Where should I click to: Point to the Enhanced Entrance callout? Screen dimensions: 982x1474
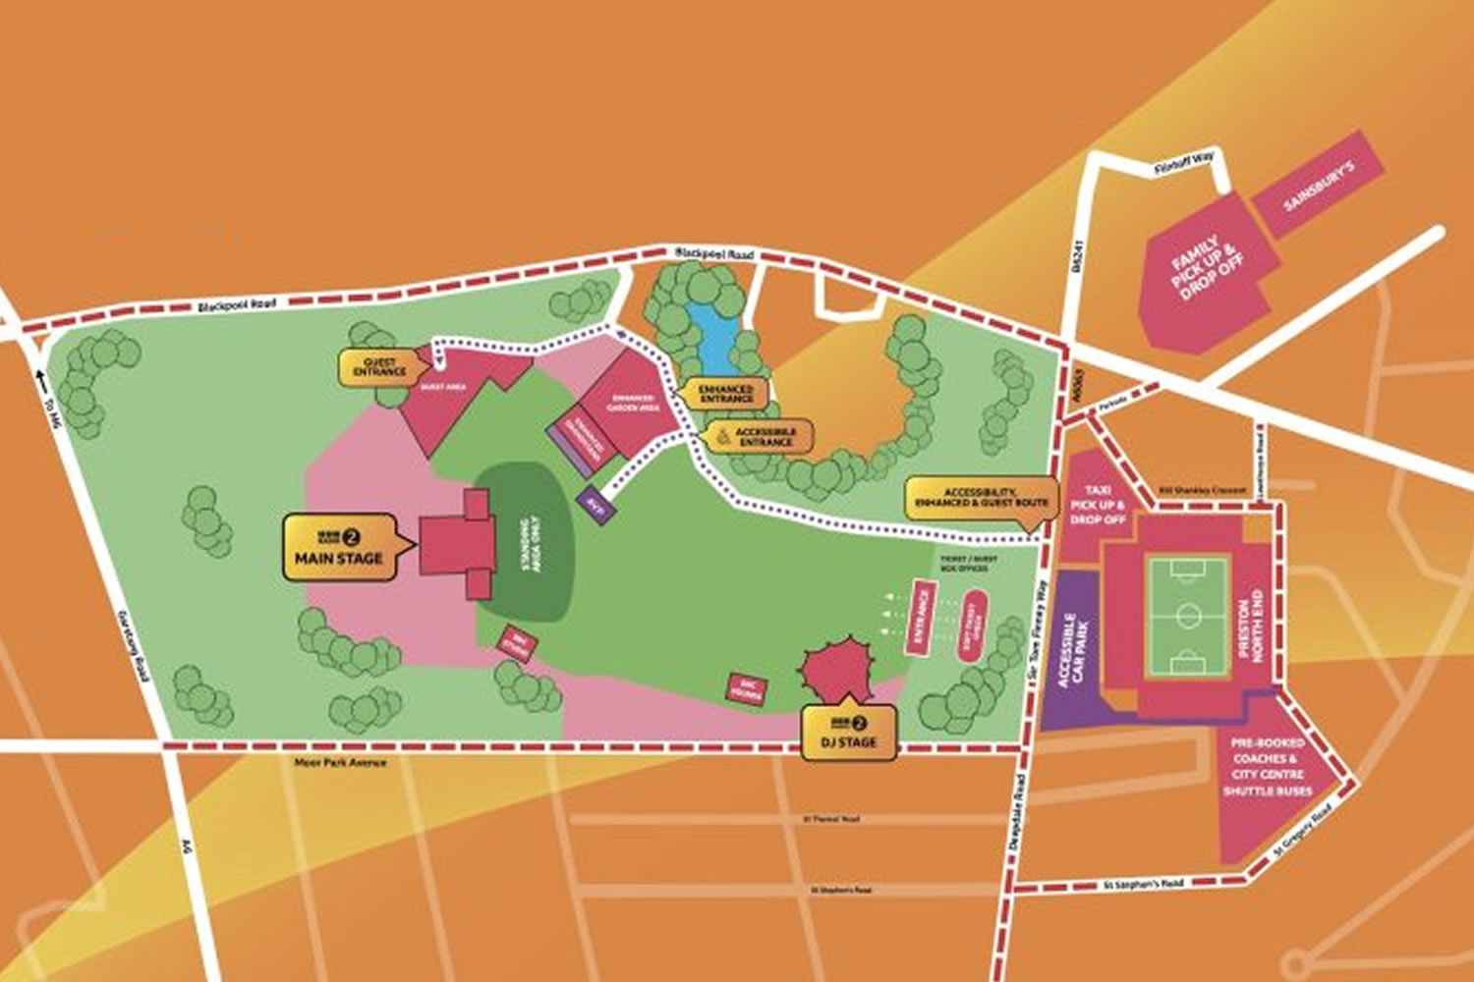click(725, 394)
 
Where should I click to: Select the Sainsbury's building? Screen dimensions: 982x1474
click(1318, 187)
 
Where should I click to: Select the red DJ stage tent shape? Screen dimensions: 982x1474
click(836, 667)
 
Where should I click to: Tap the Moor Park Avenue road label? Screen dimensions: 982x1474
click(340, 763)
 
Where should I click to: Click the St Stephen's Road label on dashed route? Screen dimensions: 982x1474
click(1144, 885)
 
